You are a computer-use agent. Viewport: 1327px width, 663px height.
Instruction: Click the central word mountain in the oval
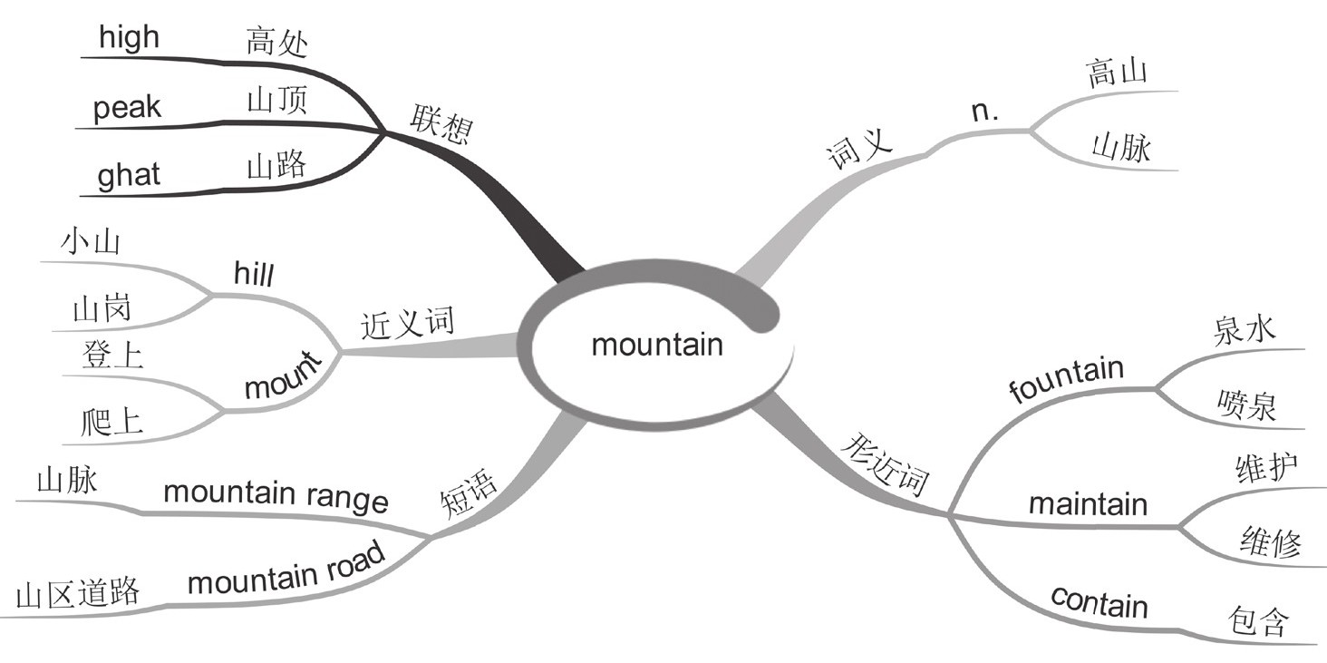(657, 346)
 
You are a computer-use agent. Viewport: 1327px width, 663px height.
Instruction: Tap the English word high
(129, 38)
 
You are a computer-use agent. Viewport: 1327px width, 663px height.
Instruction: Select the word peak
(127, 108)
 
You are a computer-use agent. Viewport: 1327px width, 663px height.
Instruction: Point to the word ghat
(128, 174)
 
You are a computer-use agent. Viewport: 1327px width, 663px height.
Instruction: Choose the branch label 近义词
(407, 324)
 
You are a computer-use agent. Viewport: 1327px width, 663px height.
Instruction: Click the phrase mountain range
(275, 495)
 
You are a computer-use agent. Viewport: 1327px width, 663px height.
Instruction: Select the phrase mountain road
(286, 571)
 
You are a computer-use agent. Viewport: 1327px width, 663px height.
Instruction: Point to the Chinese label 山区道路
(77, 593)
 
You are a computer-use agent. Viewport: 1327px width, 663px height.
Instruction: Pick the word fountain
(1066, 381)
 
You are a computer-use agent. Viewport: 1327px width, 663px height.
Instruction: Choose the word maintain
(1088, 503)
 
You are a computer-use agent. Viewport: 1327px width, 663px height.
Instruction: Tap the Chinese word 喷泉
(1247, 405)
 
